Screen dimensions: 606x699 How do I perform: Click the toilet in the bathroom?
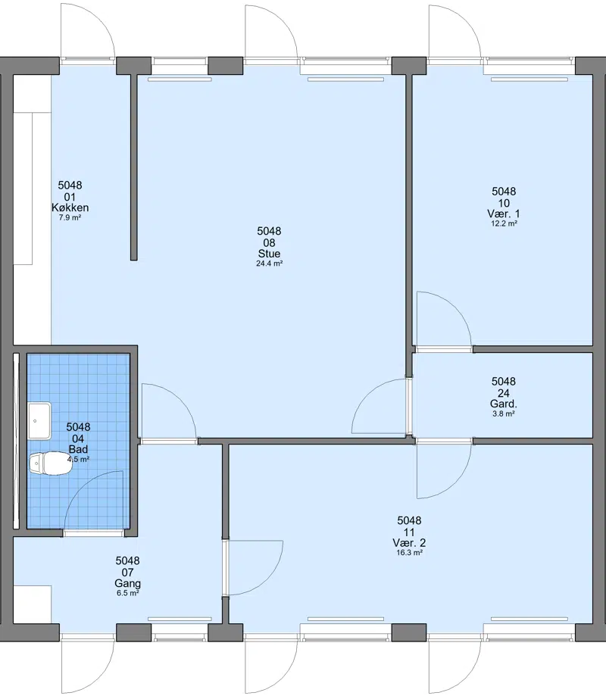pyautogui.click(x=51, y=463)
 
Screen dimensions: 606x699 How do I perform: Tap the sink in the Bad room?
pyautogui.click(x=39, y=421)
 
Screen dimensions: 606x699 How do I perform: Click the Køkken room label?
pyautogui.click(x=70, y=208)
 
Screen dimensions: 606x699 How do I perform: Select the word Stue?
pyautogui.click(x=270, y=254)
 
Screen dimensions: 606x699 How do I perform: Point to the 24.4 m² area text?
pyautogui.click(x=270, y=264)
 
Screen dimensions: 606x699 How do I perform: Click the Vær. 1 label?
pyautogui.click(x=504, y=214)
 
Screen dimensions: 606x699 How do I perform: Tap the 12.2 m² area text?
pyautogui.click(x=504, y=224)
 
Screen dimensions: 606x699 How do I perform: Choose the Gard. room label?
pyautogui.click(x=504, y=404)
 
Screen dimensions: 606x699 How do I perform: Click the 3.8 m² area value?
pyautogui.click(x=504, y=413)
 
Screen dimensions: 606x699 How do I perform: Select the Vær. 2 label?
pyautogui.click(x=409, y=543)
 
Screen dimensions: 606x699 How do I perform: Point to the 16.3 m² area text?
pyautogui.click(x=409, y=553)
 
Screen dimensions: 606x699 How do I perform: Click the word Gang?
pyautogui.click(x=127, y=584)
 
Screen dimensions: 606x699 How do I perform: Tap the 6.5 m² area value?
pyautogui.click(x=127, y=593)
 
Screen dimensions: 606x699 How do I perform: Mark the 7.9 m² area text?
pyautogui.click(x=70, y=218)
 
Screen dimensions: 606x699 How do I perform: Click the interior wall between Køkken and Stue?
pyautogui.click(x=134, y=167)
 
